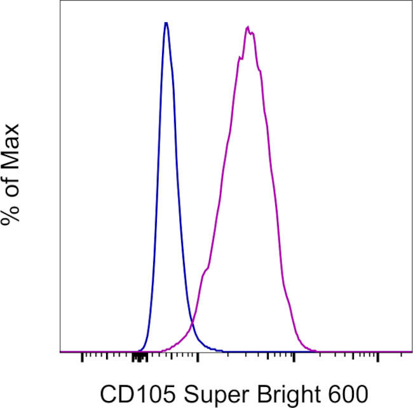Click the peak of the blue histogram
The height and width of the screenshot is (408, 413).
pyautogui.click(x=166, y=24)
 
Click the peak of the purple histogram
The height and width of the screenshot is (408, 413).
pyautogui.click(x=248, y=28)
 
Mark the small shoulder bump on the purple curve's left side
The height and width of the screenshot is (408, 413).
pyautogui.click(x=205, y=273)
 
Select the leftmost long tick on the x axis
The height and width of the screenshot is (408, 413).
pyautogui.click(x=82, y=357)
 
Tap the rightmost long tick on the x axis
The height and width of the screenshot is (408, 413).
pyautogui.click(x=378, y=357)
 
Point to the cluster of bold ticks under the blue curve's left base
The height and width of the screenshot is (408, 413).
pyautogui.click(x=140, y=358)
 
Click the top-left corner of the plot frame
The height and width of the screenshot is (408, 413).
pyautogui.click(x=60, y=1)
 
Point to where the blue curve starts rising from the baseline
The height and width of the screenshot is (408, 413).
pyautogui.click(x=135, y=350)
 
